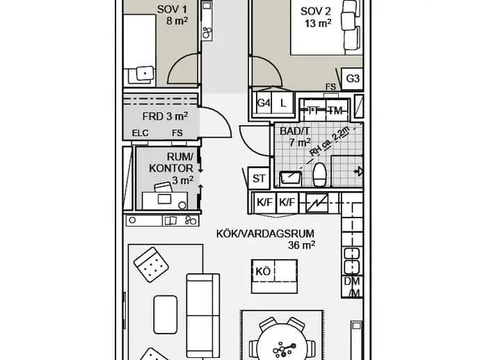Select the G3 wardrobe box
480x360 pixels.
pos(352,79)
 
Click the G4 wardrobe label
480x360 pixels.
pos(264,103)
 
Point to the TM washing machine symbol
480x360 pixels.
pos(336,110)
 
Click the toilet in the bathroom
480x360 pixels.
pos(319,174)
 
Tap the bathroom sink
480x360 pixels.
pos(290,179)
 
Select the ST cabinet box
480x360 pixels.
pos(258,178)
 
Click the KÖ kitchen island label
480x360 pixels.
pos(263,272)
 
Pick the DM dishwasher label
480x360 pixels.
pos(352,281)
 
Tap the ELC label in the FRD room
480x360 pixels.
pos(141,133)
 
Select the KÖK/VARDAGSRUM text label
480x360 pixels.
pos(265,234)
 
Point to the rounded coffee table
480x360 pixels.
pos(166,314)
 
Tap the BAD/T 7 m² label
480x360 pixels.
pos(295,137)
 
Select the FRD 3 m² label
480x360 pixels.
pos(165,117)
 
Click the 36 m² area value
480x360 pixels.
pos(301,245)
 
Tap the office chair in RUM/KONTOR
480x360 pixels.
pos(163,187)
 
